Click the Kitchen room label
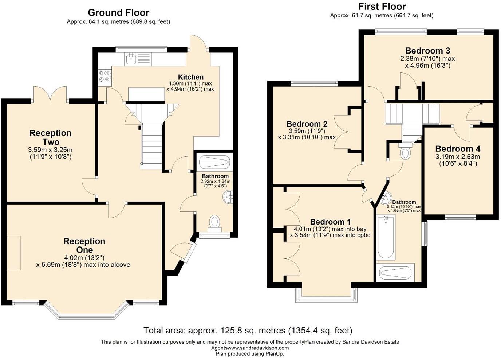[190, 77]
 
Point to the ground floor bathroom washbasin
[228, 197]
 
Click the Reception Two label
[51, 138]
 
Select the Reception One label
[84, 245]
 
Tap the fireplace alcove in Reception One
[13, 253]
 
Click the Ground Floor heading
[119, 12]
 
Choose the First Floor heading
[382, 7]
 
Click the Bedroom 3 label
[428, 51]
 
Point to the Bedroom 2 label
[307, 124]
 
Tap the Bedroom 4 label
[458, 149]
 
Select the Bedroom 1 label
[330, 222]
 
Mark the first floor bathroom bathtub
[386, 237]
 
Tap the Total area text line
[248, 330]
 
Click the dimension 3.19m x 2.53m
[458, 157]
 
